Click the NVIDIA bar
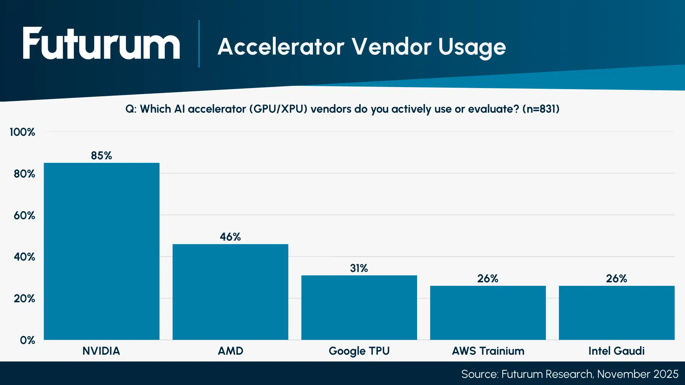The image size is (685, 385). click(x=102, y=251)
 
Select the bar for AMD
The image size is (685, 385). click(x=230, y=292)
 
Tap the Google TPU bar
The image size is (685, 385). click(x=359, y=307)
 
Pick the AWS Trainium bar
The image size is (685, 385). click(x=488, y=313)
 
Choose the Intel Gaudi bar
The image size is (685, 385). click(x=616, y=313)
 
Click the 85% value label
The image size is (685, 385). click(x=102, y=156)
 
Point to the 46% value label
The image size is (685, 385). click(x=230, y=237)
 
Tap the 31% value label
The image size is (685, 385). click(x=359, y=268)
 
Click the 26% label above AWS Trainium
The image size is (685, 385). click(x=488, y=279)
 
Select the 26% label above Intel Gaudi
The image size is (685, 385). click(x=616, y=279)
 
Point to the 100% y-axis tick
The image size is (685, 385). click(x=22, y=132)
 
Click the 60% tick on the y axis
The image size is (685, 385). click(x=24, y=216)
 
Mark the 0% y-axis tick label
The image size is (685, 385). click(x=27, y=340)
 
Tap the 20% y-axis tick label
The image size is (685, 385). click(x=24, y=299)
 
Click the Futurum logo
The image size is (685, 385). click(x=101, y=43)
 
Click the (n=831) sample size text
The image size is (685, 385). click(x=541, y=109)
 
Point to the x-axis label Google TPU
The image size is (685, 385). click(x=359, y=351)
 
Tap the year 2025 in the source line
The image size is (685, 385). click(x=666, y=374)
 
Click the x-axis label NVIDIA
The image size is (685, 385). click(x=101, y=351)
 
